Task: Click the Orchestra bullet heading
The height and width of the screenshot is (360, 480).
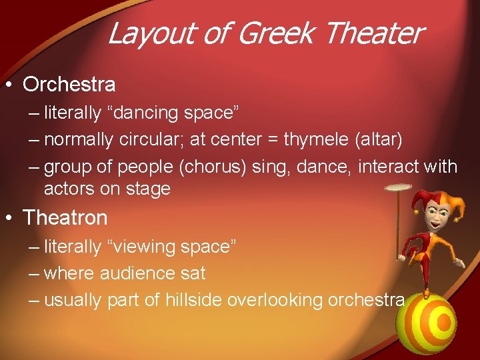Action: point(69,85)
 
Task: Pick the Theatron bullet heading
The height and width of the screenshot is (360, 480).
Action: point(65,217)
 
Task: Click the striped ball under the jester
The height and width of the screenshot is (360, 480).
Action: point(427,323)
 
